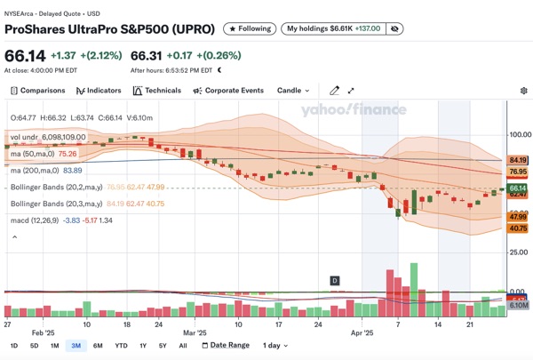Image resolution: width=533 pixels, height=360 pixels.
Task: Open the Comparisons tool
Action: (37, 90)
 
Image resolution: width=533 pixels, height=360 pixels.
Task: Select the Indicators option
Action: (99, 90)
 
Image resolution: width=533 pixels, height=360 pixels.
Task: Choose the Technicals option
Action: (156, 90)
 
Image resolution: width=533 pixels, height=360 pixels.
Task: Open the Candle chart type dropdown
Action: (293, 90)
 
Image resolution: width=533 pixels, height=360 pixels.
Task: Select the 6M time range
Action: (97, 345)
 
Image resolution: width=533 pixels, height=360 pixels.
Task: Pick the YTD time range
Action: (121, 345)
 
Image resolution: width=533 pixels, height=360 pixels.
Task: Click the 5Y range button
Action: (163, 345)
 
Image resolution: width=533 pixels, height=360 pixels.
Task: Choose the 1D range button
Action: (13, 345)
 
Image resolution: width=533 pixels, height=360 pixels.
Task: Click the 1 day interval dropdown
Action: (273, 345)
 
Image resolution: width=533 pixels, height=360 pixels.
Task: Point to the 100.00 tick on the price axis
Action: (517, 134)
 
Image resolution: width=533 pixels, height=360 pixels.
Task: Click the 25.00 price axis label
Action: (519, 253)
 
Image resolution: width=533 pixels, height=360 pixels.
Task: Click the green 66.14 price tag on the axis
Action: (518, 188)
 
